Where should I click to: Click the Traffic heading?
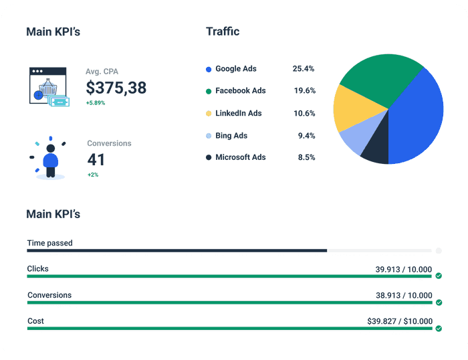pos(223,31)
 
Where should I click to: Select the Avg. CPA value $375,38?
pos(116,88)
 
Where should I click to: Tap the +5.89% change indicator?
pos(96,103)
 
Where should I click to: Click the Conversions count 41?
pos(96,160)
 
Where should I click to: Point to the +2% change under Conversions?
pos(93,175)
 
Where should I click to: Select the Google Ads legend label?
pos(235,69)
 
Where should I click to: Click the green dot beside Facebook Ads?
pos(209,91)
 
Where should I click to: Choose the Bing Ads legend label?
pos(231,136)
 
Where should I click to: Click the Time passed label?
pos(50,243)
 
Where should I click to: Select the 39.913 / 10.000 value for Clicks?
pos(404,269)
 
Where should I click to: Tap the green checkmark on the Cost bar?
pos(439,328)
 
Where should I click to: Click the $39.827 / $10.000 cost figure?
pos(400,321)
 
